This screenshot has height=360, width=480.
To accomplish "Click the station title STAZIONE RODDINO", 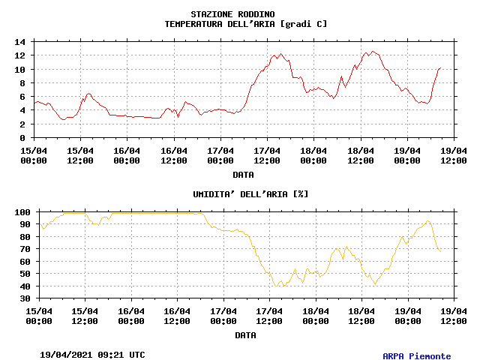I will point(232,14).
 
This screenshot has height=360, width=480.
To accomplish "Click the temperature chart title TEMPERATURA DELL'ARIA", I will point(245,24).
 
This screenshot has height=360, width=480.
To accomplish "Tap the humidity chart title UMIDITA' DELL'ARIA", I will point(250,193).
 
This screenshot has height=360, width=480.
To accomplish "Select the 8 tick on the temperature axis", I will point(23,83).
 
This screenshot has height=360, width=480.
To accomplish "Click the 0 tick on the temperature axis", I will point(23,138).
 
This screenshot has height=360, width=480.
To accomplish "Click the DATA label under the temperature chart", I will point(242,174).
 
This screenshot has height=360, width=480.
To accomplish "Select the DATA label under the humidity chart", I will point(245,335).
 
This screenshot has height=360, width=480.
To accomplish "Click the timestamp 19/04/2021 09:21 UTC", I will point(92,354).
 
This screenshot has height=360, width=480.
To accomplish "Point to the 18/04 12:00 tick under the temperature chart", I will point(361,155).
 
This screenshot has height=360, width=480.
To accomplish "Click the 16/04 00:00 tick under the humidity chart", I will point(131,316).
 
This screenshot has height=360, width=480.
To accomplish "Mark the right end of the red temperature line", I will point(440,67).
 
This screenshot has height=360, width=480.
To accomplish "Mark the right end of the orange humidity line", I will point(440,250).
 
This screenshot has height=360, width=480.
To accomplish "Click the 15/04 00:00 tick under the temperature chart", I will point(34,155).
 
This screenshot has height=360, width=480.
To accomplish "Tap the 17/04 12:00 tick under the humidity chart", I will point(269,316).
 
